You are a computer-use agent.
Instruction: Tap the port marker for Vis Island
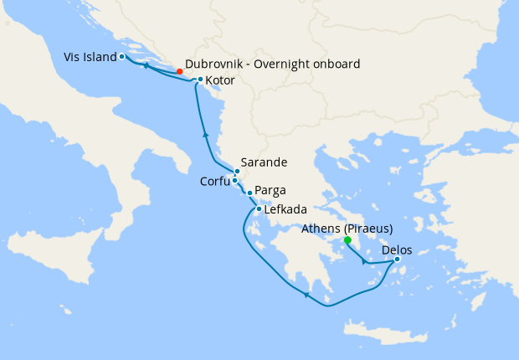point(122,57)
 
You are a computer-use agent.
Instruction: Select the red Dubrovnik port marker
point(180,71)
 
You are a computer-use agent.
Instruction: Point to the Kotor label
point(220,80)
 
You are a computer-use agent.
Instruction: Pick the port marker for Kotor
point(200,80)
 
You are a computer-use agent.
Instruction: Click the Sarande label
point(264,162)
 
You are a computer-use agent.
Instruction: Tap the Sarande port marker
point(237,172)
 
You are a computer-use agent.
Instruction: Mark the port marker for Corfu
point(235,180)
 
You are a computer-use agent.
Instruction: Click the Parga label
point(270,191)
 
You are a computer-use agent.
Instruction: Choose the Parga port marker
point(249,193)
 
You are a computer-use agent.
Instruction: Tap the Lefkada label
point(285,209)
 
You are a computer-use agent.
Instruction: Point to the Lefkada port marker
point(258,209)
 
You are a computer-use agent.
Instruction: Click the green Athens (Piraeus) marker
point(347,240)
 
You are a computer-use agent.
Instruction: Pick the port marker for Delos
point(397,259)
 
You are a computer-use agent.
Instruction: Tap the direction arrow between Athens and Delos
point(363,261)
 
